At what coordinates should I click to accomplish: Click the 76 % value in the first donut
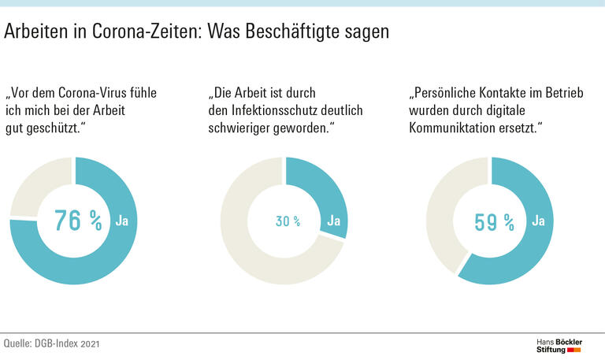coord(78,221)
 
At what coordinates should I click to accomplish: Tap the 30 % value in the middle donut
coord(288,221)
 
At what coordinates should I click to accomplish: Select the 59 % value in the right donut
coord(494,221)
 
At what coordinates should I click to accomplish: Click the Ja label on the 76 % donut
coord(122,221)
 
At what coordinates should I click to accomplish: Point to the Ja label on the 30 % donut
coord(333,221)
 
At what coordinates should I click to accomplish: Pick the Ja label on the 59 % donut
coord(539,221)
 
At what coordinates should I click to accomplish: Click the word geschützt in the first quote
coord(52,128)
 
